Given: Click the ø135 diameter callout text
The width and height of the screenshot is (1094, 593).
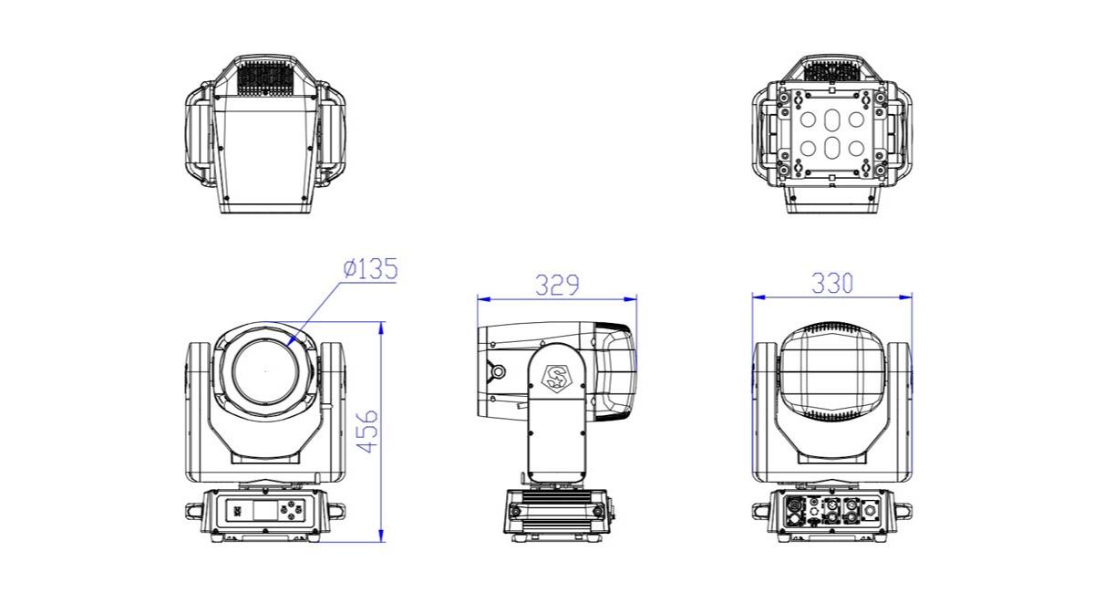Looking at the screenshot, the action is [370, 269].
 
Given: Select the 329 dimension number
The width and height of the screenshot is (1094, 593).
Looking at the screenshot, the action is [557, 285].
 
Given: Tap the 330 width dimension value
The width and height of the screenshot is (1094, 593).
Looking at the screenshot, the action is [832, 283].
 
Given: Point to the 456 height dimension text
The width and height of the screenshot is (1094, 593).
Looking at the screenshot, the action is [367, 432].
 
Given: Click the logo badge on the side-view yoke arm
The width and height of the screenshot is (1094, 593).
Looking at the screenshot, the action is [556, 377].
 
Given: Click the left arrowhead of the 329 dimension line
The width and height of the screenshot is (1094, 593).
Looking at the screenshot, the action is [484, 298].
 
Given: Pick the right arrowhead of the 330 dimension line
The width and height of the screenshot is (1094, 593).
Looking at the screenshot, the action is [905, 296].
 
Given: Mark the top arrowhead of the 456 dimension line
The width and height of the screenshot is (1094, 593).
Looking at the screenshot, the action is [381, 328].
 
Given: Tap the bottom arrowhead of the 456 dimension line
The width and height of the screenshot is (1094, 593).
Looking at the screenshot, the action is [381, 536].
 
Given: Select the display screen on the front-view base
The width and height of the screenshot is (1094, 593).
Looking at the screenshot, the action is [265, 510].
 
